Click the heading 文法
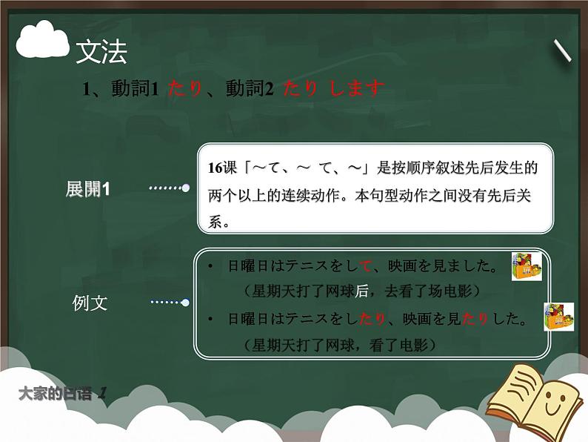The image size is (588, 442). tap(101, 52)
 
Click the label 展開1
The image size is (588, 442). tap(87, 189)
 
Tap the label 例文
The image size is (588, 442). tap(90, 303)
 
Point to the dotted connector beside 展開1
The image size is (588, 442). tap(169, 188)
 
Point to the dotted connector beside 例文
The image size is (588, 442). tap(169, 302)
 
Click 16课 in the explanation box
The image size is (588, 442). tap(221, 168)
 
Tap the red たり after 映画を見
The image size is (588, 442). tap(475, 320)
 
